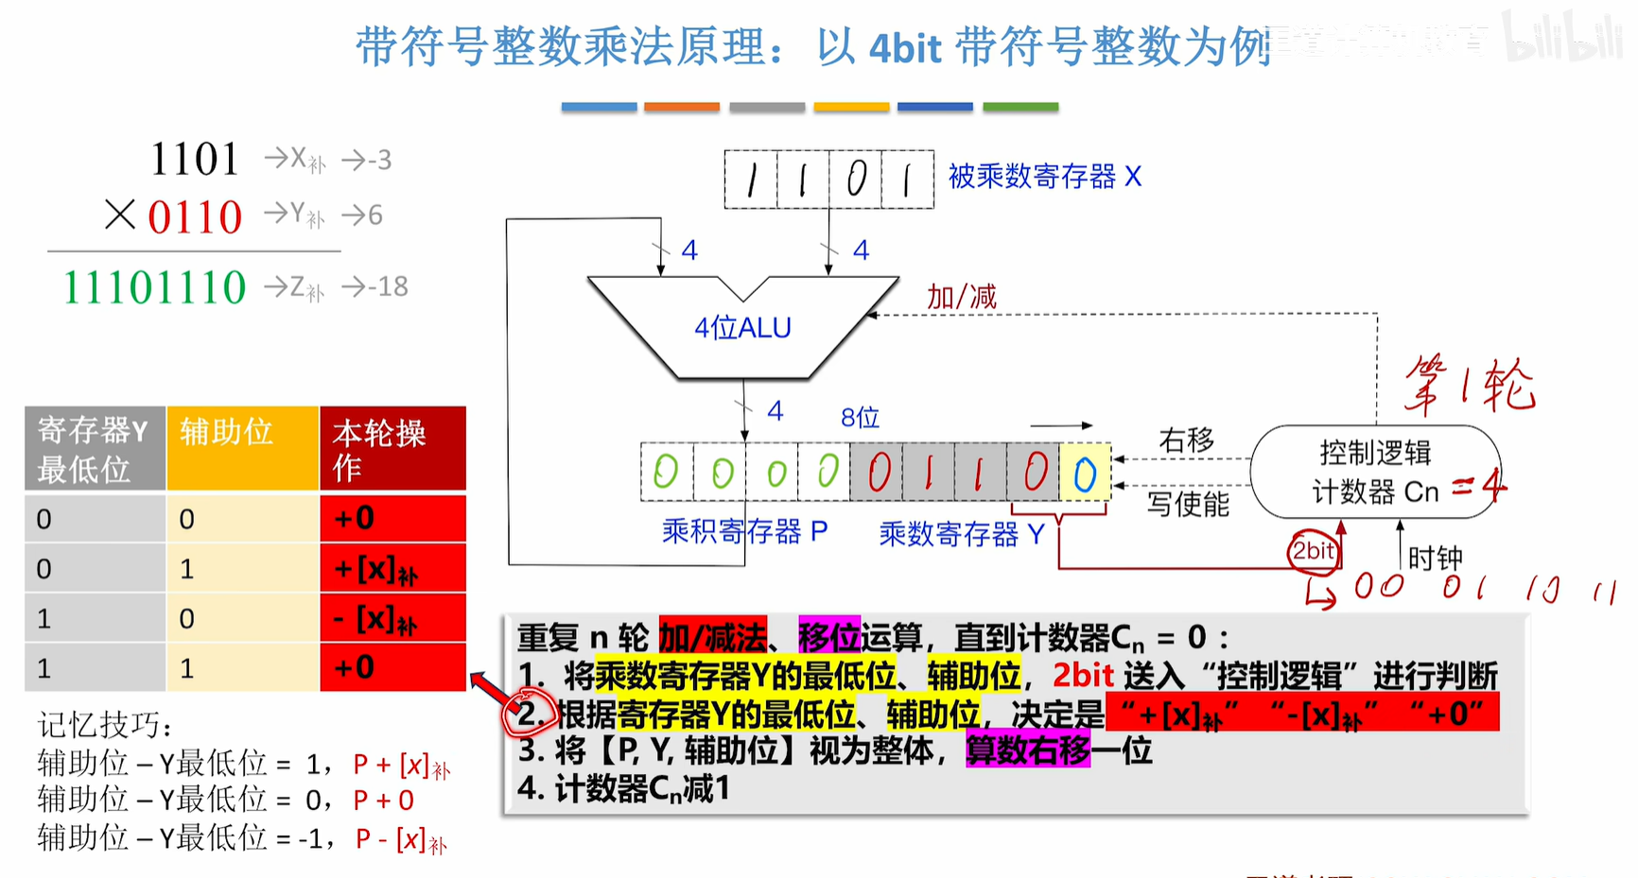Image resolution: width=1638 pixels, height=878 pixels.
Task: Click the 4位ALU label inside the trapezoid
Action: coord(742,328)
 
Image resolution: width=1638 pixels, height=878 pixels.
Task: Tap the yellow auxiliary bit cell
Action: coord(1085,473)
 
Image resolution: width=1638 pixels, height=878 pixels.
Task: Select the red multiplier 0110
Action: coord(195,216)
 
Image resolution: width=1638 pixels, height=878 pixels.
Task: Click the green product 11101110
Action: coord(154,286)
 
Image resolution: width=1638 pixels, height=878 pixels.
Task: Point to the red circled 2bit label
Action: coord(1314,551)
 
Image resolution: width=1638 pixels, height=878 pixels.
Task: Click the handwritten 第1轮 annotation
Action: coord(1469,385)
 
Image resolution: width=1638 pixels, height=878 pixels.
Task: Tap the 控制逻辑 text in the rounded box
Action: coord(1375,453)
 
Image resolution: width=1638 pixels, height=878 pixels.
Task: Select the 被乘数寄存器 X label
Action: coord(1045,177)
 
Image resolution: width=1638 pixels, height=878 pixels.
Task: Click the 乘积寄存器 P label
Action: coord(744,532)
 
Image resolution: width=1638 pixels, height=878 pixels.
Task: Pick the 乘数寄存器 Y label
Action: coord(961,534)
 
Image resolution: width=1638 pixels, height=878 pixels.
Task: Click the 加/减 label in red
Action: coord(961,297)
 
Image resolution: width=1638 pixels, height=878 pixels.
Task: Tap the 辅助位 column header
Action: coord(227,432)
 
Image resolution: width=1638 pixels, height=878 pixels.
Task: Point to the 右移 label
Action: coord(1186,440)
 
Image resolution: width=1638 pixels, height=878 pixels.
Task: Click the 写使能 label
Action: coord(1188,504)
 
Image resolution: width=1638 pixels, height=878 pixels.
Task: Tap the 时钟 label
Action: coord(1435,559)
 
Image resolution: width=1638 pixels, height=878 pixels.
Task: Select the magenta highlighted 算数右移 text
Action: coord(1028,751)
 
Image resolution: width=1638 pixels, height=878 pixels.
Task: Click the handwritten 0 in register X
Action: coord(856,179)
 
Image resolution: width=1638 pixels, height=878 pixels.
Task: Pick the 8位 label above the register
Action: coord(860,418)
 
